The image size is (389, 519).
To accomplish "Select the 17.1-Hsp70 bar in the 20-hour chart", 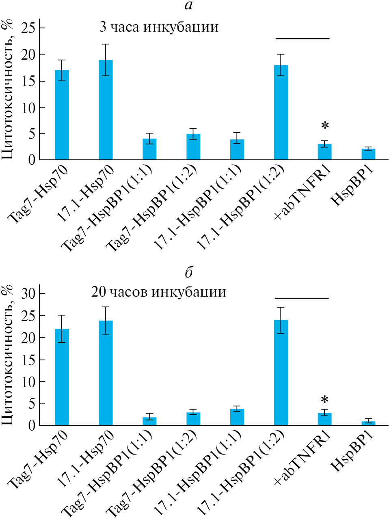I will coord(106,373).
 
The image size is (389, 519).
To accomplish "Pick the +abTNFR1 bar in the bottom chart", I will coord(325,419).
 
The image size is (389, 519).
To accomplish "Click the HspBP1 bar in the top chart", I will coord(369,154).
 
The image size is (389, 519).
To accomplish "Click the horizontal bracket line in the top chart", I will coord(303,39).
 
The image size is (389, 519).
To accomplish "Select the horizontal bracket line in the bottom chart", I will coord(302,298).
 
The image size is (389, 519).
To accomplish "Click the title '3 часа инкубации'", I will coord(159,28).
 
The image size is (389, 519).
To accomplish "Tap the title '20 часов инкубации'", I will coord(159,292).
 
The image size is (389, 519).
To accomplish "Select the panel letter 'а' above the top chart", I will coord(188,6).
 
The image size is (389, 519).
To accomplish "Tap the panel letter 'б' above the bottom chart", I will coord(188,272).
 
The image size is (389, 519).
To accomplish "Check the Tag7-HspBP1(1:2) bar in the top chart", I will coord(193,146).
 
